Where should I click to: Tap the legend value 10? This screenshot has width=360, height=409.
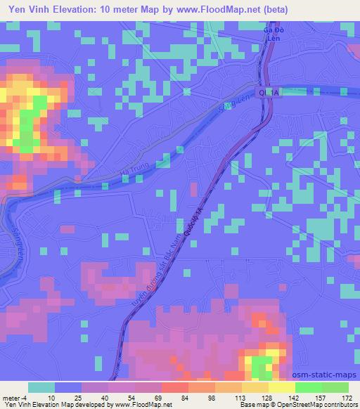[x=50, y=398]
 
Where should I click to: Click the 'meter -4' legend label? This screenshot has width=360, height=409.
[x=15, y=398]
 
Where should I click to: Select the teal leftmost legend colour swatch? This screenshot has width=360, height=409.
[x=41, y=387]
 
